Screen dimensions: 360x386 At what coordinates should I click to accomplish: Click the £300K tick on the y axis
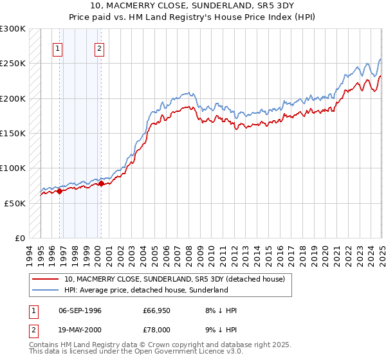point(13,29)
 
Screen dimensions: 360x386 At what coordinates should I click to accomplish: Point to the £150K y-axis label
point(13,134)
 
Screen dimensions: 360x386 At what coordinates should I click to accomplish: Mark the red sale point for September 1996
point(59,191)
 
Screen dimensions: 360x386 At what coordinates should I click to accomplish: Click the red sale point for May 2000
point(101,183)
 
